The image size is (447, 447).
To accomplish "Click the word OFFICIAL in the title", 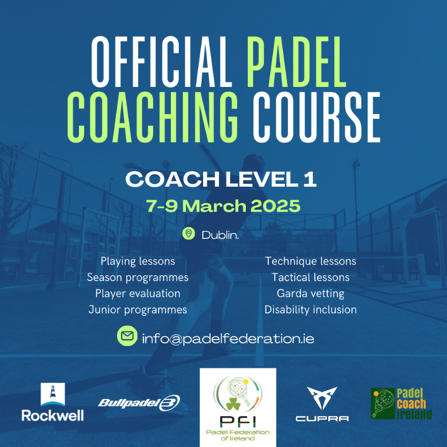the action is pyautogui.click(x=161, y=62).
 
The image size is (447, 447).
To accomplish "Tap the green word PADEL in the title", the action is pyautogui.click(x=297, y=62).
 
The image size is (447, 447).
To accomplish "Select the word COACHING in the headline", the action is pyautogui.click(x=152, y=117).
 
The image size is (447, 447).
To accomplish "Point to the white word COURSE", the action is pyautogui.click(x=317, y=117).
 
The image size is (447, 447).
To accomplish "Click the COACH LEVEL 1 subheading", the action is pyautogui.click(x=221, y=179).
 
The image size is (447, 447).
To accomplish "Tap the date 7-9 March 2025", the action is pyautogui.click(x=223, y=206).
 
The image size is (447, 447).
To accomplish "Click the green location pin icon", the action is pyautogui.click(x=188, y=233).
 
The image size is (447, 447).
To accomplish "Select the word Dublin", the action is pyautogui.click(x=220, y=235).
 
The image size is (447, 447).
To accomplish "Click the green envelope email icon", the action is pyautogui.click(x=127, y=336).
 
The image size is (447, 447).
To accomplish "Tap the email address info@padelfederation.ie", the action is pyautogui.click(x=228, y=339).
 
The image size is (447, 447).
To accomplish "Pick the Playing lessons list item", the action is pyautogui.click(x=138, y=261).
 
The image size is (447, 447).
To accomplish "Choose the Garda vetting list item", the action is pyautogui.click(x=310, y=294).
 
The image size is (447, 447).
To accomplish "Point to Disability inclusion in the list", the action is pyautogui.click(x=310, y=309).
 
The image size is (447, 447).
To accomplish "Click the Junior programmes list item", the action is pyautogui.click(x=138, y=310).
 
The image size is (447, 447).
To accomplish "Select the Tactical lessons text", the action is pyautogui.click(x=310, y=277).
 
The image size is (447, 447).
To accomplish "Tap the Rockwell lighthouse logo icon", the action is pyautogui.click(x=53, y=394).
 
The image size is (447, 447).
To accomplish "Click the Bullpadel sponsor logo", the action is pyautogui.click(x=139, y=403).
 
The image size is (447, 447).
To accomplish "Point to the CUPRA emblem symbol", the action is pyautogui.click(x=322, y=398).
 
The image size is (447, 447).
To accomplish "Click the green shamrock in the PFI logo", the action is pyautogui.click(x=233, y=403).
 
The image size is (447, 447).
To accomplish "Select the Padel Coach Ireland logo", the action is pyautogui.click(x=401, y=403).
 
